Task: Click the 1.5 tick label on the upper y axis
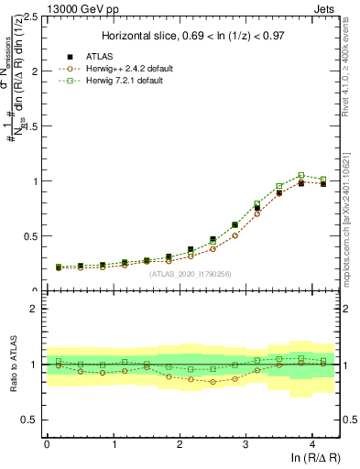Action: pyautogui.click(x=32, y=126)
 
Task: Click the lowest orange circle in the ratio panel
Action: pyautogui.click(x=213, y=381)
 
